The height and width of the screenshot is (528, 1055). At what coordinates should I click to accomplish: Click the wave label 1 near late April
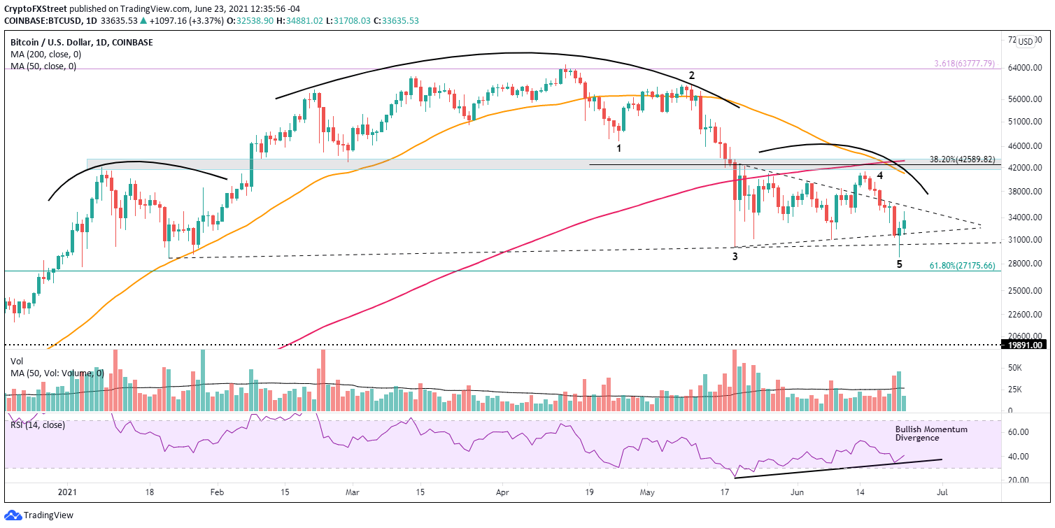[618, 148]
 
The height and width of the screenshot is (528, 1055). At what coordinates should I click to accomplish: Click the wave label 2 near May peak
[691, 75]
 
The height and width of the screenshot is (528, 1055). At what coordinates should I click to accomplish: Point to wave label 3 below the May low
[735, 257]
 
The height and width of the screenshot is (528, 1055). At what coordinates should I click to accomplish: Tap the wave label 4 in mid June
[879, 176]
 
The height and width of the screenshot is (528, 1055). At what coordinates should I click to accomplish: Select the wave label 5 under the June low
[900, 264]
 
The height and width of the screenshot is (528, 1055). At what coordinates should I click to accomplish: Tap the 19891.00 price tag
[1026, 345]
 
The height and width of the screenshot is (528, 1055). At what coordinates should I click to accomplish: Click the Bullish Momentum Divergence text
[930, 434]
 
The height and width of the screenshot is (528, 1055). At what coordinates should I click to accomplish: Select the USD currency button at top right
[1026, 41]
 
